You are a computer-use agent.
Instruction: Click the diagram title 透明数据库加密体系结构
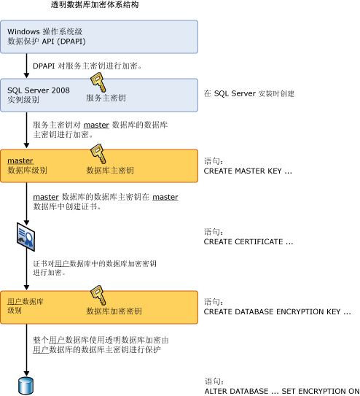[95, 5]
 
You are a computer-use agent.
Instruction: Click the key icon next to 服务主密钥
[98, 82]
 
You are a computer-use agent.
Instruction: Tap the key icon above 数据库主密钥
[98, 154]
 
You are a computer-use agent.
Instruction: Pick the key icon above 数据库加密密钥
[98, 295]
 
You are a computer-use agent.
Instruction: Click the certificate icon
[26, 235]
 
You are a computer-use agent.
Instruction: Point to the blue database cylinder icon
[26, 384]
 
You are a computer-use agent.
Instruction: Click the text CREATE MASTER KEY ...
[248, 171]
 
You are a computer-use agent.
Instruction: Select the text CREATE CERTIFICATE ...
[249, 241]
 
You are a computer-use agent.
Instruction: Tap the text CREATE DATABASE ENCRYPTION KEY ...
[277, 311]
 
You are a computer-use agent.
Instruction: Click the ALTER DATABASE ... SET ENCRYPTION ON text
[281, 390]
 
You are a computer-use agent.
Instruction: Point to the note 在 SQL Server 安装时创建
[251, 93]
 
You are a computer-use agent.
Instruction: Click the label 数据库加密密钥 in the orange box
[114, 311]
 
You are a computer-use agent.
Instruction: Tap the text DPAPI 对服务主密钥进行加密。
[87, 66]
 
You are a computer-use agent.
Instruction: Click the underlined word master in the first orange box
[20, 160]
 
